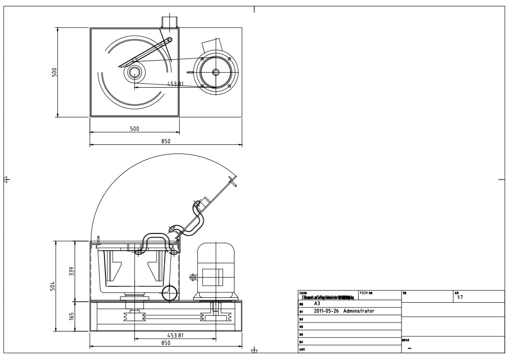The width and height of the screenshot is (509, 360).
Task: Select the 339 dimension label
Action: [71, 271]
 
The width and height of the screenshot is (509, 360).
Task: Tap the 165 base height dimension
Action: [71, 316]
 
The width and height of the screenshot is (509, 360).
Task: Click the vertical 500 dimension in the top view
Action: [54, 72]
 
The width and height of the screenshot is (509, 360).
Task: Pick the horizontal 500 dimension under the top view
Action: [134, 129]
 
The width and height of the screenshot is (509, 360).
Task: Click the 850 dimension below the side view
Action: [166, 343]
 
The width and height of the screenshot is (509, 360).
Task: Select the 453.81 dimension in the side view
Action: [174, 335]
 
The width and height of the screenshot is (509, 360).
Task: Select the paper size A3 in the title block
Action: [317, 304]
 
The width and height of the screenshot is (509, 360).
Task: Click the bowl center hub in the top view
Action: [134, 73]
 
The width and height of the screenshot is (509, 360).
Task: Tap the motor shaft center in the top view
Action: [216, 72]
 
